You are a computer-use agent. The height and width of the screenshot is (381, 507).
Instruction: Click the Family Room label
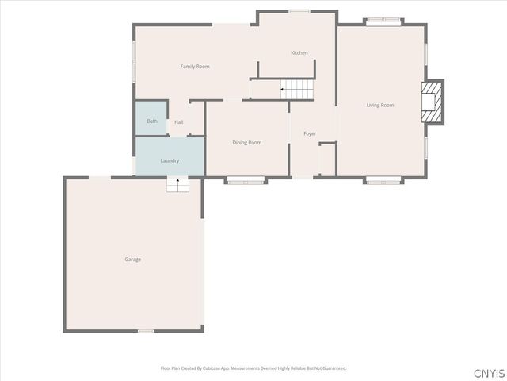(x=195, y=67)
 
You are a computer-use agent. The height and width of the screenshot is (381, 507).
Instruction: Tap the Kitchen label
(x=299, y=53)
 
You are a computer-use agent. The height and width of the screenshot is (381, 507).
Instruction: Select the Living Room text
(x=379, y=105)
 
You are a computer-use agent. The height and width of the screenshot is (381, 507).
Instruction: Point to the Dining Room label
(x=246, y=143)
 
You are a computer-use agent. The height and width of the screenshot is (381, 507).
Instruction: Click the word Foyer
(x=310, y=133)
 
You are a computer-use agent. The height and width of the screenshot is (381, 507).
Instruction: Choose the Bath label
(x=151, y=121)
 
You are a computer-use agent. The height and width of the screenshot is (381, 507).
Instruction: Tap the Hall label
(x=179, y=122)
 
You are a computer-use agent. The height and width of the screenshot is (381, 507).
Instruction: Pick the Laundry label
(x=170, y=161)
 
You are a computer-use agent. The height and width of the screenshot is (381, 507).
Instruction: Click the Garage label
(x=132, y=260)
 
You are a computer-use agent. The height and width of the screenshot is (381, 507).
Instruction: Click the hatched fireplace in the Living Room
(x=432, y=102)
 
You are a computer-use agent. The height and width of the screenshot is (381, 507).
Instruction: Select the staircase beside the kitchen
(x=298, y=90)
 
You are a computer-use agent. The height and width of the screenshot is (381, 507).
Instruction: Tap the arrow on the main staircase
(x=284, y=90)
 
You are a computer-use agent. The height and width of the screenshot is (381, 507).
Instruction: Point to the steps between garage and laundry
(x=177, y=184)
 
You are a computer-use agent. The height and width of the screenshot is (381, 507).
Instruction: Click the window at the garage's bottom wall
(x=145, y=331)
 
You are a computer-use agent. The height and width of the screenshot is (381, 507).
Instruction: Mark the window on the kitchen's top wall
(x=299, y=11)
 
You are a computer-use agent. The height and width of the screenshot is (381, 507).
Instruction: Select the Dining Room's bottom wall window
(x=246, y=180)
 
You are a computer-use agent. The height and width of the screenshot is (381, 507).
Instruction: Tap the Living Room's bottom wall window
(x=379, y=180)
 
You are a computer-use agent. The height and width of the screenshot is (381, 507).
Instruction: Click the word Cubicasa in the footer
(x=224, y=368)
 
